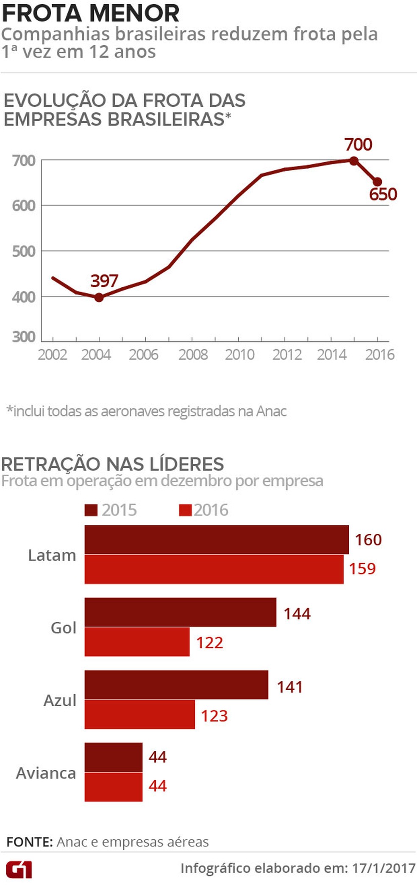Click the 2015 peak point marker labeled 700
click(354, 161)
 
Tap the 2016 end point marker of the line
click(377, 182)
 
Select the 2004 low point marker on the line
click(99, 297)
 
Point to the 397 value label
click(104, 281)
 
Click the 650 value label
click(383, 194)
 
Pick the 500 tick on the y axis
click(24, 251)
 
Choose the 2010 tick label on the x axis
click(239, 355)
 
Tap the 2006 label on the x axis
click(143, 355)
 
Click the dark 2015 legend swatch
click(91, 510)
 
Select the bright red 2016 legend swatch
click(185, 510)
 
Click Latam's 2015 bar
click(216, 540)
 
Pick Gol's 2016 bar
click(137, 642)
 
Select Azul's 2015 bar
click(176, 685)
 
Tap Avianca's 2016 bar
click(114, 787)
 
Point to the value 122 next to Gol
click(209, 643)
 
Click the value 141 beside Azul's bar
click(290, 687)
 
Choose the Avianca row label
click(46, 773)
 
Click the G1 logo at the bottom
click(19, 869)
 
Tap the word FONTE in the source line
click(29, 842)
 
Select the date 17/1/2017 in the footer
click(384, 868)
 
